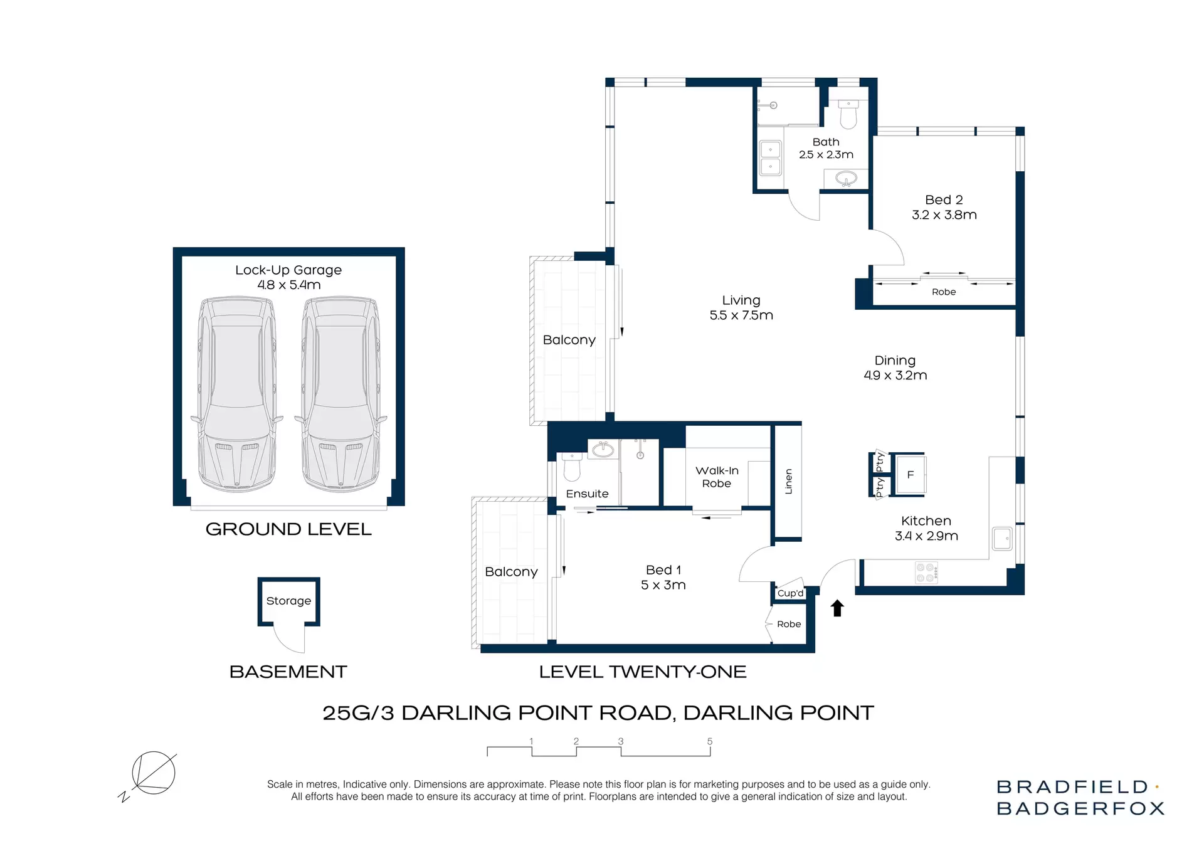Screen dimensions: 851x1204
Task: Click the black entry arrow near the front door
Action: point(837,608)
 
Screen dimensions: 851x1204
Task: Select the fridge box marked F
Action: point(910,475)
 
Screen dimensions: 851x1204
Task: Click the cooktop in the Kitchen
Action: point(926,573)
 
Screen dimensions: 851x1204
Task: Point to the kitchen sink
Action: point(1001,539)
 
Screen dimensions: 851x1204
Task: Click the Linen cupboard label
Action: point(789,481)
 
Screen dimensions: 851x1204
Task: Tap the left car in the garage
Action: point(237,394)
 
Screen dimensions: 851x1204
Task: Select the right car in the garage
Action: point(341,394)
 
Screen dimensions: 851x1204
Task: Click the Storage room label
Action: point(288,601)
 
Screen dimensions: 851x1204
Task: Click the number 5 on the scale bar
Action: point(709,741)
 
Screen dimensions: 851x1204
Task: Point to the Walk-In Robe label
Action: point(717,477)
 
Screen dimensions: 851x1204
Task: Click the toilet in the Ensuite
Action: point(572,467)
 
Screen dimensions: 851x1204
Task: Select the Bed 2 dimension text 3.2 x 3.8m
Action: point(944,215)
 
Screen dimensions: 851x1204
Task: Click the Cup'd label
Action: point(790,593)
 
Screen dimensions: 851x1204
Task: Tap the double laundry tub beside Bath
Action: point(770,158)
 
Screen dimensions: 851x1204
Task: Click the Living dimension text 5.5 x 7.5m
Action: point(741,315)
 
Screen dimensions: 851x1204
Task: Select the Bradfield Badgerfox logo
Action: point(1080,797)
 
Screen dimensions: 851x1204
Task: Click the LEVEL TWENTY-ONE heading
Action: point(642,672)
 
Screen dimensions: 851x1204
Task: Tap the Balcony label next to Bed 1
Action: point(511,572)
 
